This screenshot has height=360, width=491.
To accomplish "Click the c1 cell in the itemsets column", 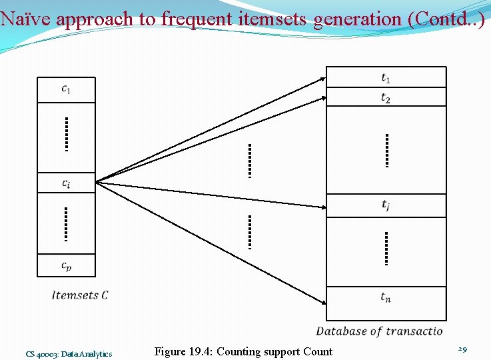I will coord(66,89).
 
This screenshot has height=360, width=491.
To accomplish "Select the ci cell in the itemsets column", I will coord(66,183).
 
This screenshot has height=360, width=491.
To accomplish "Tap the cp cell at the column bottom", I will coord(66,265).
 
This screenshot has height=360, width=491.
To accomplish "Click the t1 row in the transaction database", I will coord(386,77).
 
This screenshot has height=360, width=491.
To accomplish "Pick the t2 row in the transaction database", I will coord(386,97).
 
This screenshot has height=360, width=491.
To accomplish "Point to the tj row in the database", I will coord(386,205).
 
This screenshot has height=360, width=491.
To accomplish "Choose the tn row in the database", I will coord(386,297).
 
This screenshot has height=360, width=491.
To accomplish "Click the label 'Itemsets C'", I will coord(80,295).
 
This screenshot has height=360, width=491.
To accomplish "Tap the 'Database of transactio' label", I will coord(379,331).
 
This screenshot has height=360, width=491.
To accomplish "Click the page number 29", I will coord(463,349).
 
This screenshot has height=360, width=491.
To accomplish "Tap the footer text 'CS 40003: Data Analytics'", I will coord(69,354).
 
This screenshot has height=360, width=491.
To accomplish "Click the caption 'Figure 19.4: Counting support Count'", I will coord(243,351).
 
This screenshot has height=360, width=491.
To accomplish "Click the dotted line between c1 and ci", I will coord(67,134).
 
